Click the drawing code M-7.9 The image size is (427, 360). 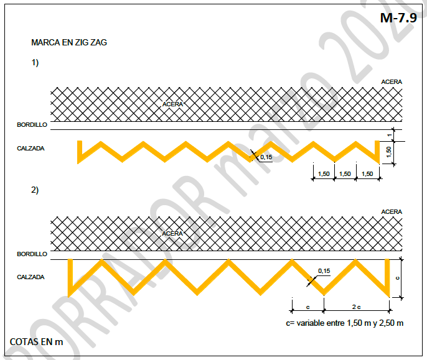(398, 18)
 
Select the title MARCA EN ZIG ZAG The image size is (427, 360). (69, 42)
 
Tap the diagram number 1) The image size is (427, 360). (35, 63)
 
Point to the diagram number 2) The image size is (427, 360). (35, 190)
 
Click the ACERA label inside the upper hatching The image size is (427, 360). (172, 104)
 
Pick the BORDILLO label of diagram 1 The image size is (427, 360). (32, 124)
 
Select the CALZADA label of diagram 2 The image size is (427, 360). (30, 277)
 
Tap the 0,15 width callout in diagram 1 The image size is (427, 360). (266, 157)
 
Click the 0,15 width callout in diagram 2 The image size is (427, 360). (324, 270)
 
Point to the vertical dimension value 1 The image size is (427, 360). (390, 135)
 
